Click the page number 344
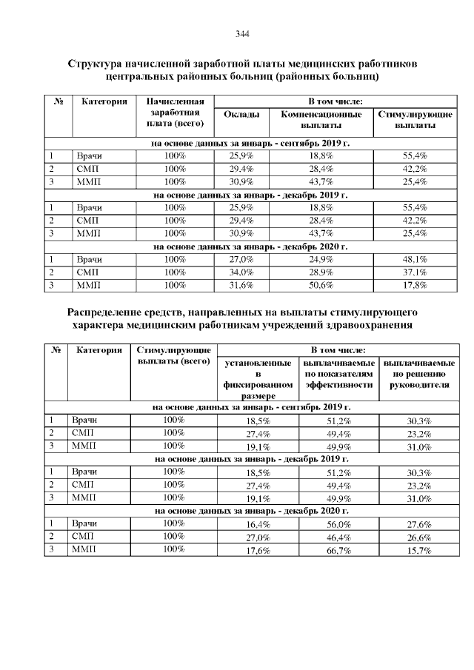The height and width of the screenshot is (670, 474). (x=241, y=34)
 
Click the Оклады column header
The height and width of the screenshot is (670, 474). (x=241, y=115)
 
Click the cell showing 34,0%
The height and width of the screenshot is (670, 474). (x=241, y=272)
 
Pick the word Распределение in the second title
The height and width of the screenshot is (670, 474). (x=109, y=312)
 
